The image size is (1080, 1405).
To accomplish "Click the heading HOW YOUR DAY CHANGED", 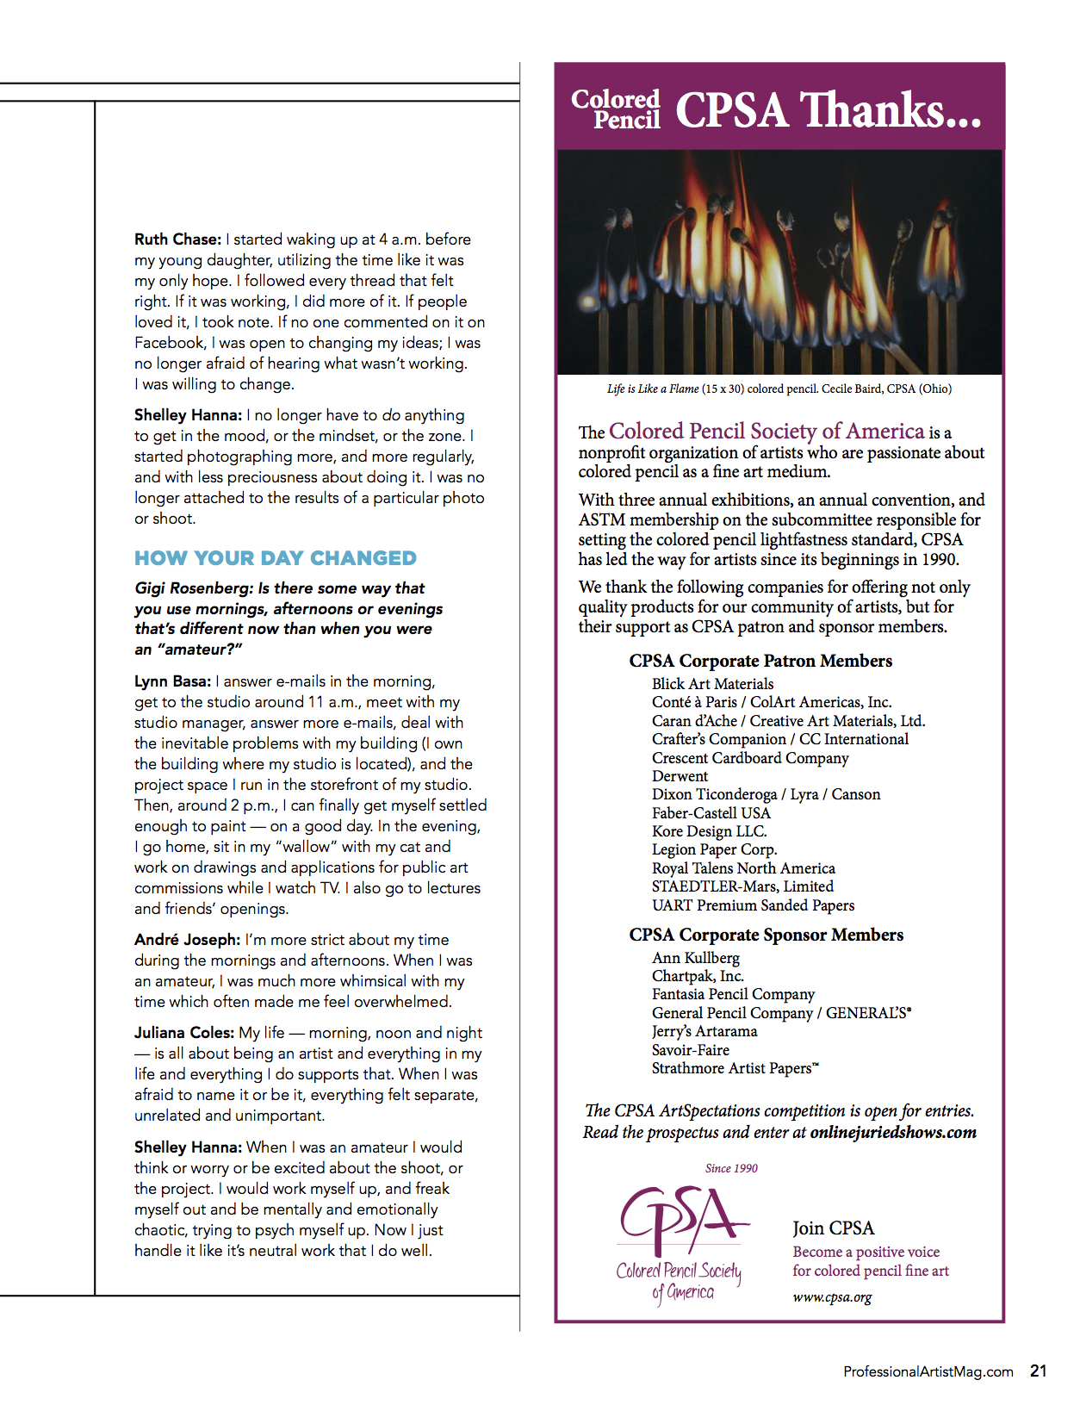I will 276,558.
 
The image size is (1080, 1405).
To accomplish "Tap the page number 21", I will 1038,1371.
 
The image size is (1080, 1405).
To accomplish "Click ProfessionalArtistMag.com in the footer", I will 928,1371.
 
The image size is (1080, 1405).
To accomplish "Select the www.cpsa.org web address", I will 832,1297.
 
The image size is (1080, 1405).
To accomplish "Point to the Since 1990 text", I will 731,1168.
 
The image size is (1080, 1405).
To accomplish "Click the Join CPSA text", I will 833,1228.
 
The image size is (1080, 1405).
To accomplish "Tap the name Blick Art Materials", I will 712,684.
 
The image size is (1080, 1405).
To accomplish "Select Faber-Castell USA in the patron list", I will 711,813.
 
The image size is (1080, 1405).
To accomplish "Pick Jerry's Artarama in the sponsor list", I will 704,1031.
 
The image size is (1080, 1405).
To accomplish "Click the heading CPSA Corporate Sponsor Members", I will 766,935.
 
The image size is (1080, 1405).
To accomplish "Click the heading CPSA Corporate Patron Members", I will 760,661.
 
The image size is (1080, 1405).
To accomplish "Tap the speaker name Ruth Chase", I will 177,239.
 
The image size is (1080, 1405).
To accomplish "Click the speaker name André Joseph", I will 187,940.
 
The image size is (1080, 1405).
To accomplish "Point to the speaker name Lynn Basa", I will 172,681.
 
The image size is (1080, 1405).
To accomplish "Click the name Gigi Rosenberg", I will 194,588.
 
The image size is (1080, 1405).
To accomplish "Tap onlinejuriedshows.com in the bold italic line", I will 893,1132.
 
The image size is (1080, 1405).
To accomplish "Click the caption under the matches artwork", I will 779,389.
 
